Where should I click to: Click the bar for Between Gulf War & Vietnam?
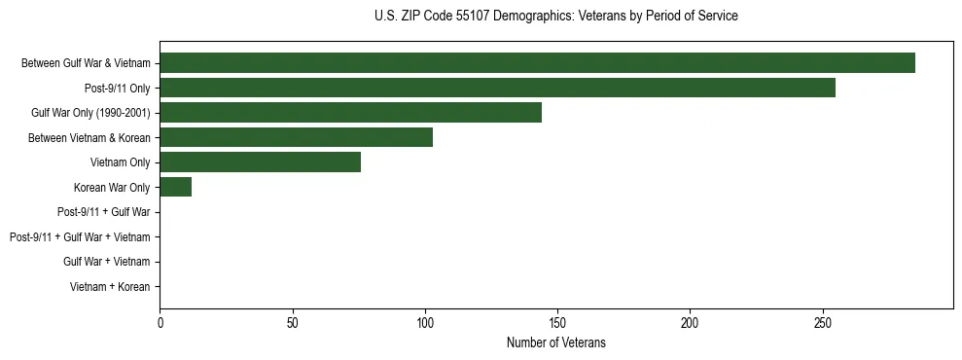[537, 63]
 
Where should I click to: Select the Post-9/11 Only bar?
[497, 88]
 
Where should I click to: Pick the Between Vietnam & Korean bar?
[296, 137]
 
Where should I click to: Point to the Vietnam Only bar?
[260, 162]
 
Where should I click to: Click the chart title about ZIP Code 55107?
[555, 17]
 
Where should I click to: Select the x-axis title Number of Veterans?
[555, 342]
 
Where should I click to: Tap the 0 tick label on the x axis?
[160, 322]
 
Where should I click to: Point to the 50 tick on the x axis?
[292, 322]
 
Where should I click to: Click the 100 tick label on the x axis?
[425, 322]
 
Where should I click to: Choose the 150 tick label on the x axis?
[557, 322]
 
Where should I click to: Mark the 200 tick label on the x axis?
[690, 322]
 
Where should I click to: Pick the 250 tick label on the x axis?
[823, 322]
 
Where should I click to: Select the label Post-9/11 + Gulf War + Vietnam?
[80, 237]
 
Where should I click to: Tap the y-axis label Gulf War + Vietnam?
[106, 262]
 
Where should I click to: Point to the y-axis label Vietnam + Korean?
[110, 287]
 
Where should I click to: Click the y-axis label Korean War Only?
[111, 187]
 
